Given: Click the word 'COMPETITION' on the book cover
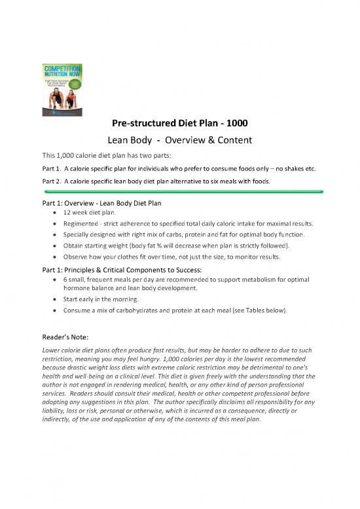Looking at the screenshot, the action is [x=62, y=67].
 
